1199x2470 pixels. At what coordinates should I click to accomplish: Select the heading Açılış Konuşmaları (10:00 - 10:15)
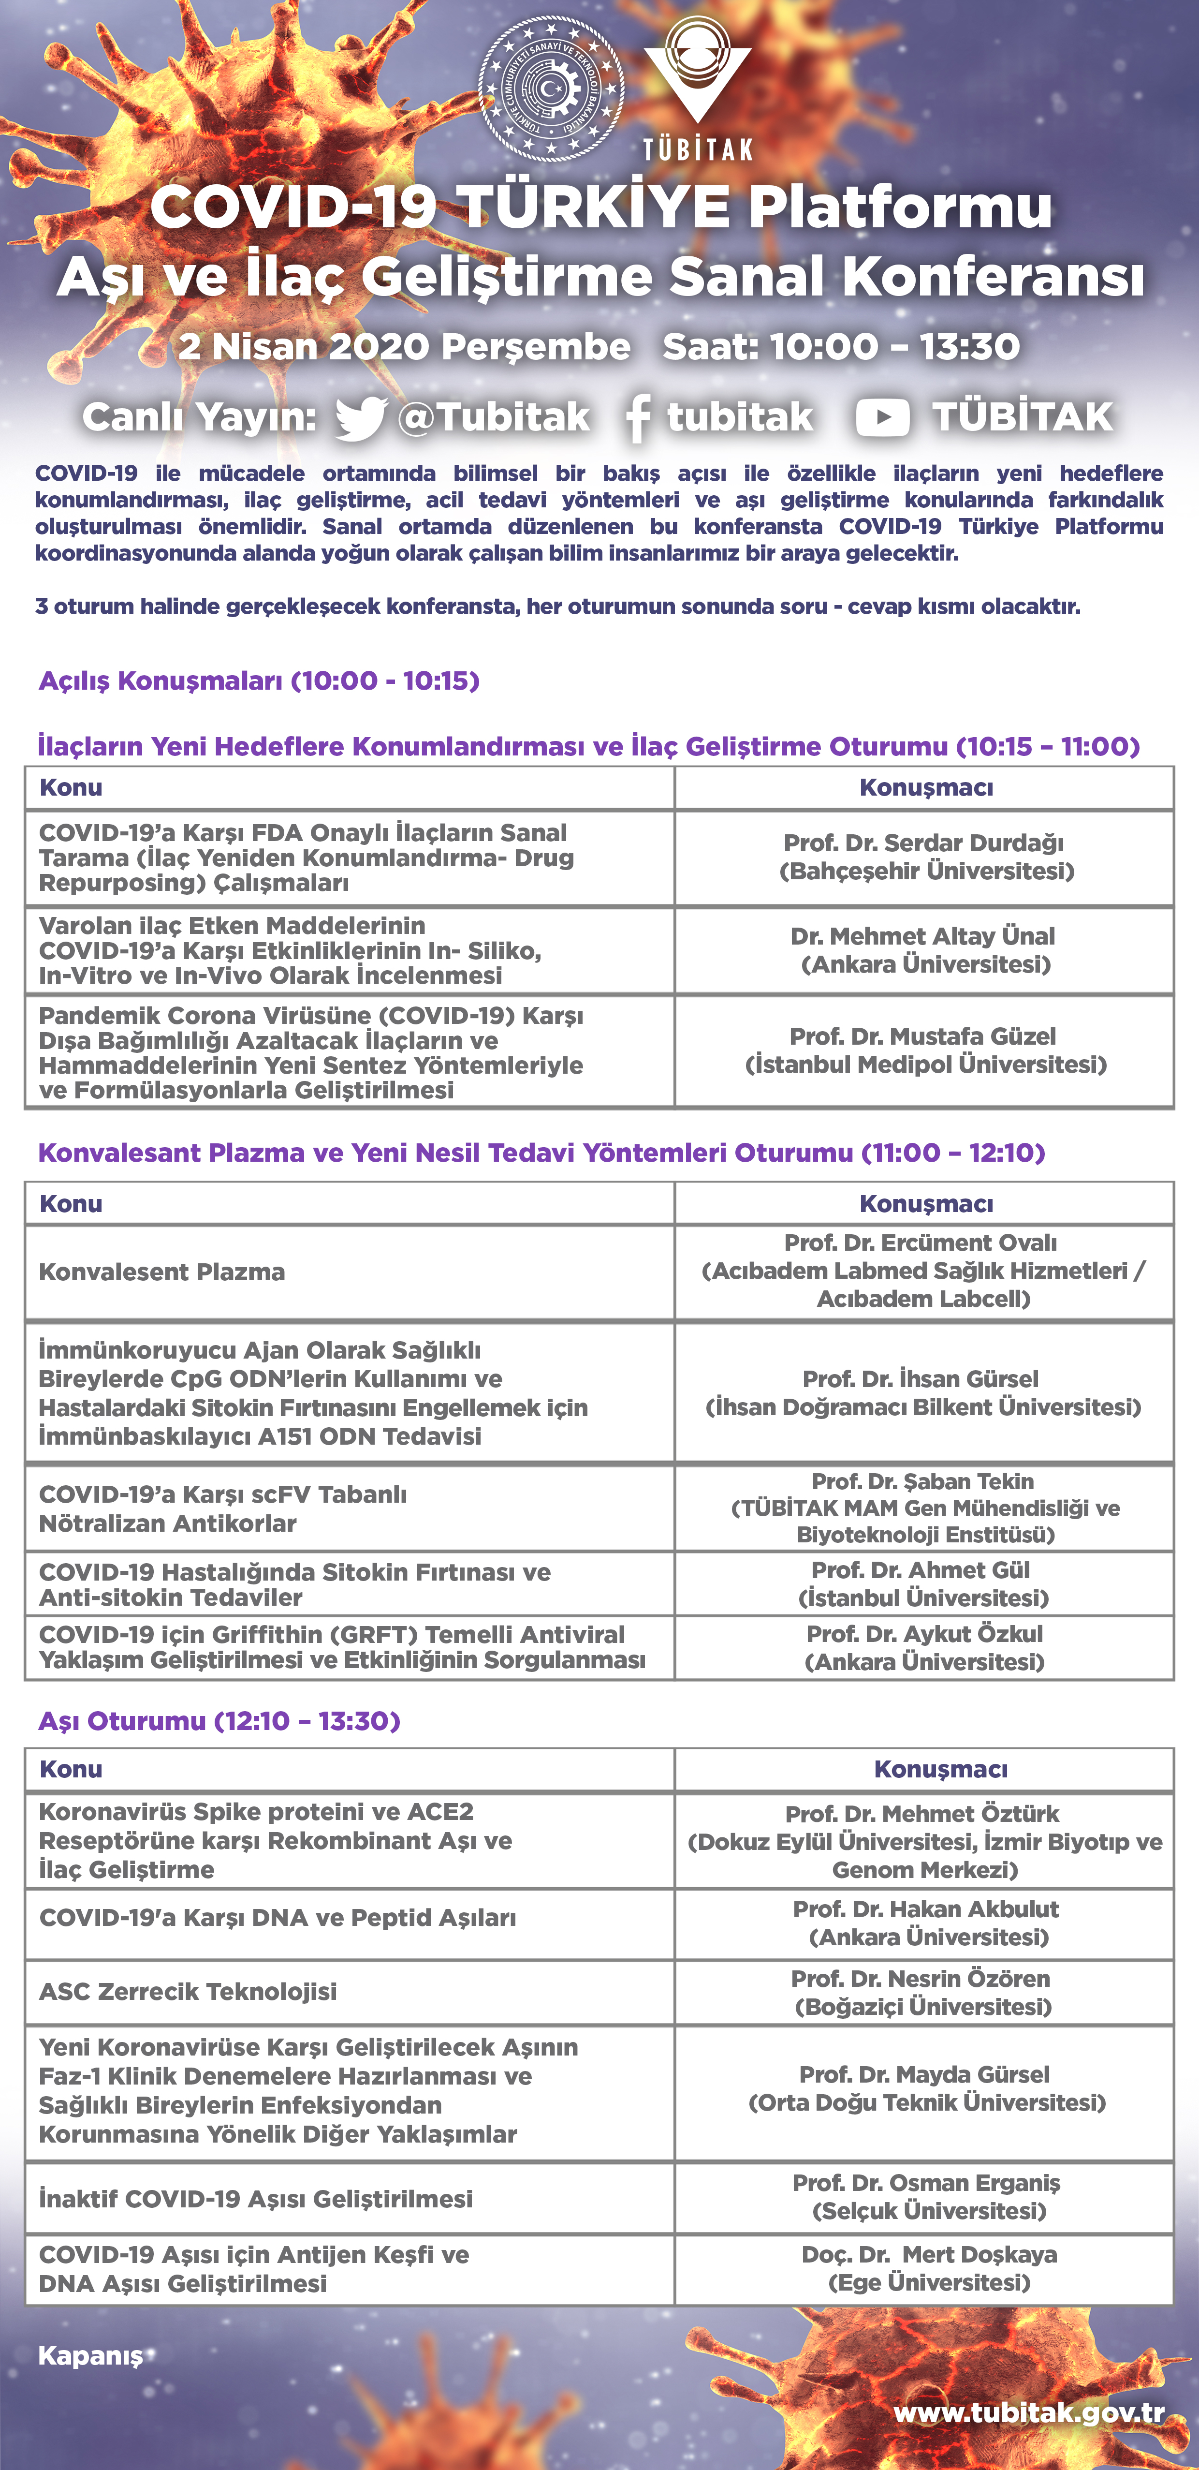point(259,681)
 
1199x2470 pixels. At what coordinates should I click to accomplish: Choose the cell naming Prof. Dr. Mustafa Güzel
point(925,1050)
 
